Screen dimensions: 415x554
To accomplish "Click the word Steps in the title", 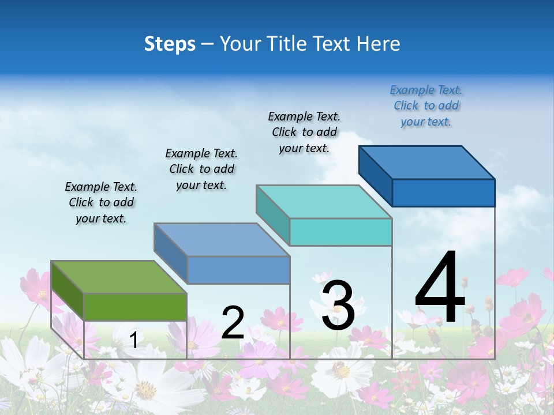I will coord(170,44).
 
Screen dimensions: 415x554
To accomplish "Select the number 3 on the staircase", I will coord(338,305).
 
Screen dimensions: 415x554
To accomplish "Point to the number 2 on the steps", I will coord(233,323).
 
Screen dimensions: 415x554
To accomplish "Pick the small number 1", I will coord(133,340).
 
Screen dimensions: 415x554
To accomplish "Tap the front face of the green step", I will coord(135,307).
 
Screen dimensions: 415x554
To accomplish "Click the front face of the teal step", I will coord(340,232).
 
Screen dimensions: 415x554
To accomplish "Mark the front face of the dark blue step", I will coord(443,193).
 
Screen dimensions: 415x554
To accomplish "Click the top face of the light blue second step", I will coord(221,239).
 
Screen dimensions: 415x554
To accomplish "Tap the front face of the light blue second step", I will coord(238,270).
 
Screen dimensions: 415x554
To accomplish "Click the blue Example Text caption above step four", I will coord(426,105).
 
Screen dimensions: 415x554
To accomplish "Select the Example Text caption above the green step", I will coord(101,202).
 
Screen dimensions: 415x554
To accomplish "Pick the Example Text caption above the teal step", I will coord(304,132).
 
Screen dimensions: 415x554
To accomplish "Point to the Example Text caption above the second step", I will coord(201,169).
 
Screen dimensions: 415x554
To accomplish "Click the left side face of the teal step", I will coord(272,213).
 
